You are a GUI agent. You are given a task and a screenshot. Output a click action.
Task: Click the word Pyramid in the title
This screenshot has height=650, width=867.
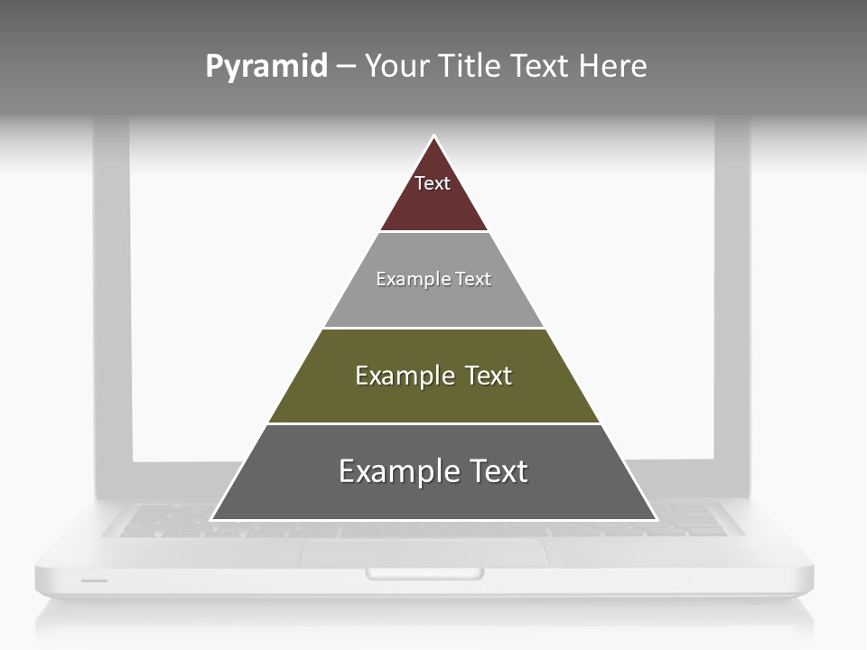click(x=266, y=67)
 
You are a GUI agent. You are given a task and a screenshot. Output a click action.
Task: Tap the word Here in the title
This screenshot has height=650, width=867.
click(x=612, y=67)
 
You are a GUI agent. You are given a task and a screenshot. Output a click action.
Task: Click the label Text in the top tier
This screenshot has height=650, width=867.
click(x=433, y=183)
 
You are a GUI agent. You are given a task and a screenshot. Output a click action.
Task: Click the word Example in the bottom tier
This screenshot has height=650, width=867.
click(x=394, y=471)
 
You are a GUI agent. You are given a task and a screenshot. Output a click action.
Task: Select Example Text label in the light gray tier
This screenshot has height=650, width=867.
click(x=433, y=279)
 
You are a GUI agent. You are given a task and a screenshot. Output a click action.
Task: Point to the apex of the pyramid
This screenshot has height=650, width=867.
click(x=434, y=137)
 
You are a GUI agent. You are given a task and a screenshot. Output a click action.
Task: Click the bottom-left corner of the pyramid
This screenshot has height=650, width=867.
click(x=212, y=519)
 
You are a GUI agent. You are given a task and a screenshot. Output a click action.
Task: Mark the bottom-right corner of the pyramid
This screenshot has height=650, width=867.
click(x=656, y=519)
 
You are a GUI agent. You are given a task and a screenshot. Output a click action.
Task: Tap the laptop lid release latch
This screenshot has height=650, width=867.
click(x=424, y=573)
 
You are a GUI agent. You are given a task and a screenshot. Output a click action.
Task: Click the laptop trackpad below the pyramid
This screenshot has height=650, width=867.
click(x=424, y=552)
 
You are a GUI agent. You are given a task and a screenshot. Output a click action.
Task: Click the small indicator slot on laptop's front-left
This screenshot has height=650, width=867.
click(x=94, y=580)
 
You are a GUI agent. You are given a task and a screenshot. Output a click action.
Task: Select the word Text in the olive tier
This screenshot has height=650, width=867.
click(x=488, y=376)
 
